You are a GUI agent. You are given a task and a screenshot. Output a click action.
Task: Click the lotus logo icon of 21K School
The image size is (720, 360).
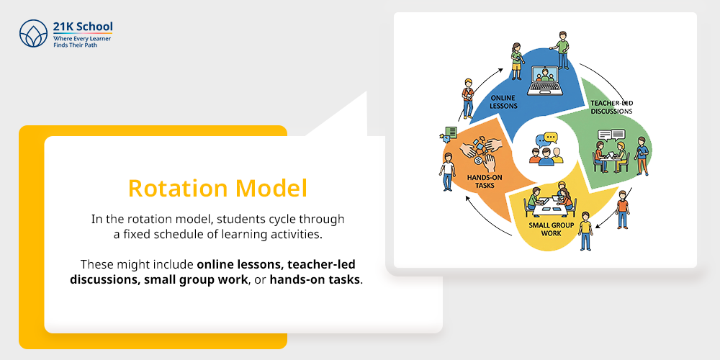pos(34,34)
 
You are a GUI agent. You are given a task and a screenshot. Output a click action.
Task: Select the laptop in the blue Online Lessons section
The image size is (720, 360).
pos(545,81)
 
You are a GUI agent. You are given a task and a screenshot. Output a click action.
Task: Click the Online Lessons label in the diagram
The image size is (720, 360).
pos(504,102)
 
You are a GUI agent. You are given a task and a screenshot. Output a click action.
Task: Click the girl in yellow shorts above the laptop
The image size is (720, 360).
pos(517,60)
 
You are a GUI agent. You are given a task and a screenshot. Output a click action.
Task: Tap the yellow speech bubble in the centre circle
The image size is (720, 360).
pos(550,138)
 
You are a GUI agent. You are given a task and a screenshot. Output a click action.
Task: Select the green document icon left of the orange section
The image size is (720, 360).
pos(451,132)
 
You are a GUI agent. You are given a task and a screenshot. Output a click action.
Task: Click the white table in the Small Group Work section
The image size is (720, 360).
pos(549,207)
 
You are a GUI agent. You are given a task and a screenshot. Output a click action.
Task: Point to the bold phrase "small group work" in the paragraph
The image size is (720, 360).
pos(196,279)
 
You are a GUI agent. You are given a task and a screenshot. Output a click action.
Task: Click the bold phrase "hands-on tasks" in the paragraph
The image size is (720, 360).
pos(315,279)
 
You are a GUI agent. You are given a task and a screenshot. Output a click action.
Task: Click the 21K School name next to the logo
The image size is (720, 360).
pos(83,27)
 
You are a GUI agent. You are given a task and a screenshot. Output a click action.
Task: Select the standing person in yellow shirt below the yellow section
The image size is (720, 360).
pos(585,230)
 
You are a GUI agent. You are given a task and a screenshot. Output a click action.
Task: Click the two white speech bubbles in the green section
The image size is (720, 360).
pos(611,135)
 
